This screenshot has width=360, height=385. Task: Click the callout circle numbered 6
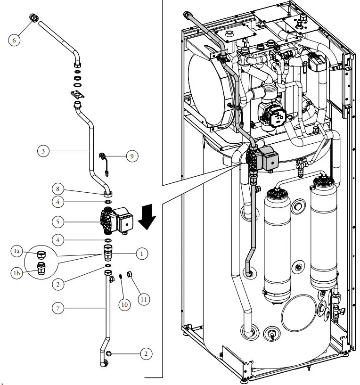tap(14, 40)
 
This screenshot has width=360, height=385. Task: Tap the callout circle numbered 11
tap(144, 298)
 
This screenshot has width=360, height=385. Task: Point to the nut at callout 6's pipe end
tap(34, 18)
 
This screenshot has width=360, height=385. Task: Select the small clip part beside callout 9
tap(105, 161)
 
